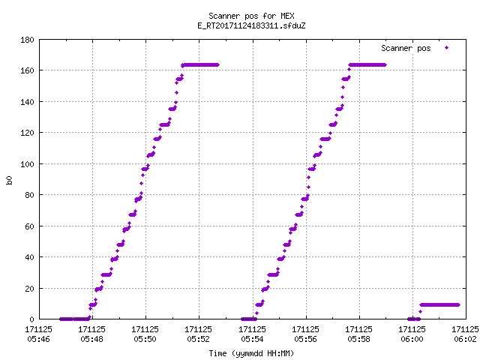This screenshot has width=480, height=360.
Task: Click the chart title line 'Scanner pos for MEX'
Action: [251, 16]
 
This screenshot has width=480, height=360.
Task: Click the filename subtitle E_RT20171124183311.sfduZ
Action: [251, 25]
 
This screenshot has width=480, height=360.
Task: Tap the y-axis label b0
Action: [9, 180]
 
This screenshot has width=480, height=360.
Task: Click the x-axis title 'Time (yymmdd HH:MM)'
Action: [251, 353]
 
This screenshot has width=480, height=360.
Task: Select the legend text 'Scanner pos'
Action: [406, 48]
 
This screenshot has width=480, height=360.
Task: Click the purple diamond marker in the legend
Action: [447, 48]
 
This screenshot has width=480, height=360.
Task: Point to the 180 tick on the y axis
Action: [27, 40]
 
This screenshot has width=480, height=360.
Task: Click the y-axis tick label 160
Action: [27, 70]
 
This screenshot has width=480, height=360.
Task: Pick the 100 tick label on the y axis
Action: [27, 164]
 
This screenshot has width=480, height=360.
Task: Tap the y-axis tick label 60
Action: [29, 226]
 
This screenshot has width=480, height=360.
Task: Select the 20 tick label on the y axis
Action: [29, 288]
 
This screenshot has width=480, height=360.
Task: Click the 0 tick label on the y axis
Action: [31, 319]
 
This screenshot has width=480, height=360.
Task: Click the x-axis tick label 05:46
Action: [38, 339]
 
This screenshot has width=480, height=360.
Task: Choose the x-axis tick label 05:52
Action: [198, 339]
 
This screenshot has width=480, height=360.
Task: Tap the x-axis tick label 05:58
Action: [358, 339]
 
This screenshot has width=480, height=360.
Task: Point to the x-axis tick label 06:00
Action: [412, 339]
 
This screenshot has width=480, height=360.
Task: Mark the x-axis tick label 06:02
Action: [465, 339]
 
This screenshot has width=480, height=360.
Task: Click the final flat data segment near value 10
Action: [440, 305]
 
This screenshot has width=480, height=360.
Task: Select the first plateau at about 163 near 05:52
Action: [200, 65]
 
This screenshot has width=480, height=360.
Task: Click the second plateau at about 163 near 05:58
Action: [367, 65]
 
